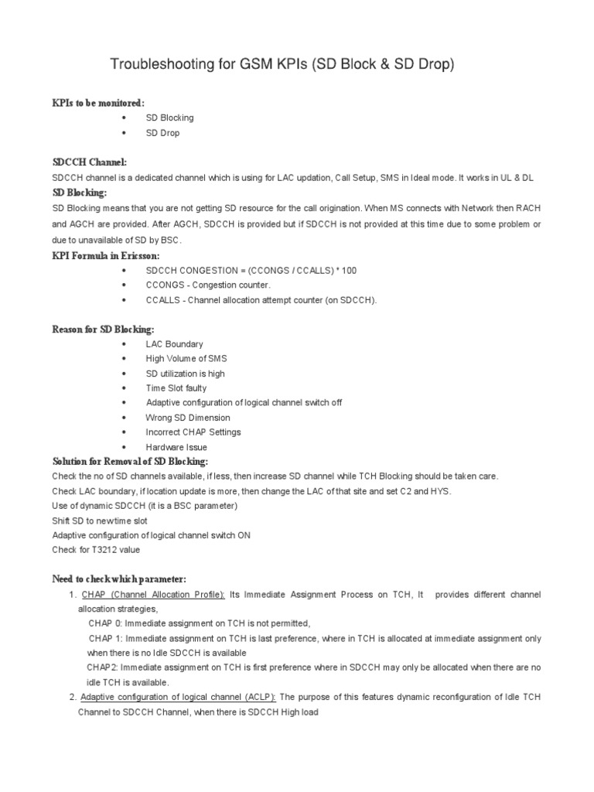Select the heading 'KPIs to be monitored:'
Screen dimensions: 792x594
click(x=98, y=103)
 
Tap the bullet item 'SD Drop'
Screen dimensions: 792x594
click(x=162, y=133)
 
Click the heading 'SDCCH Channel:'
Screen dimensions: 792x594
click(x=89, y=163)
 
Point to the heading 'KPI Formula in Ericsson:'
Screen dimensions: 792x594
click(x=106, y=255)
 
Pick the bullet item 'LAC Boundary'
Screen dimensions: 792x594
click(x=174, y=344)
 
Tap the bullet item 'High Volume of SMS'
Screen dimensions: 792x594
click(x=186, y=359)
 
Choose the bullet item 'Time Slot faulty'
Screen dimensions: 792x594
click(x=176, y=388)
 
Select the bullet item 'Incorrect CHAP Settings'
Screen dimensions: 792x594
click(x=193, y=432)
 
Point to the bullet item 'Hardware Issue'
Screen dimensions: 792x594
click(x=176, y=447)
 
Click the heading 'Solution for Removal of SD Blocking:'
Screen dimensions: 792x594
click(x=130, y=461)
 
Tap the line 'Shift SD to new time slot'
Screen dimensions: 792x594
click(x=99, y=521)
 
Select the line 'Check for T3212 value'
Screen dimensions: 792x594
click(x=96, y=550)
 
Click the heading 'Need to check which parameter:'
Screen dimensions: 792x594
click(x=119, y=579)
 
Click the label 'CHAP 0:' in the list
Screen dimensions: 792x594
click(x=106, y=623)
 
